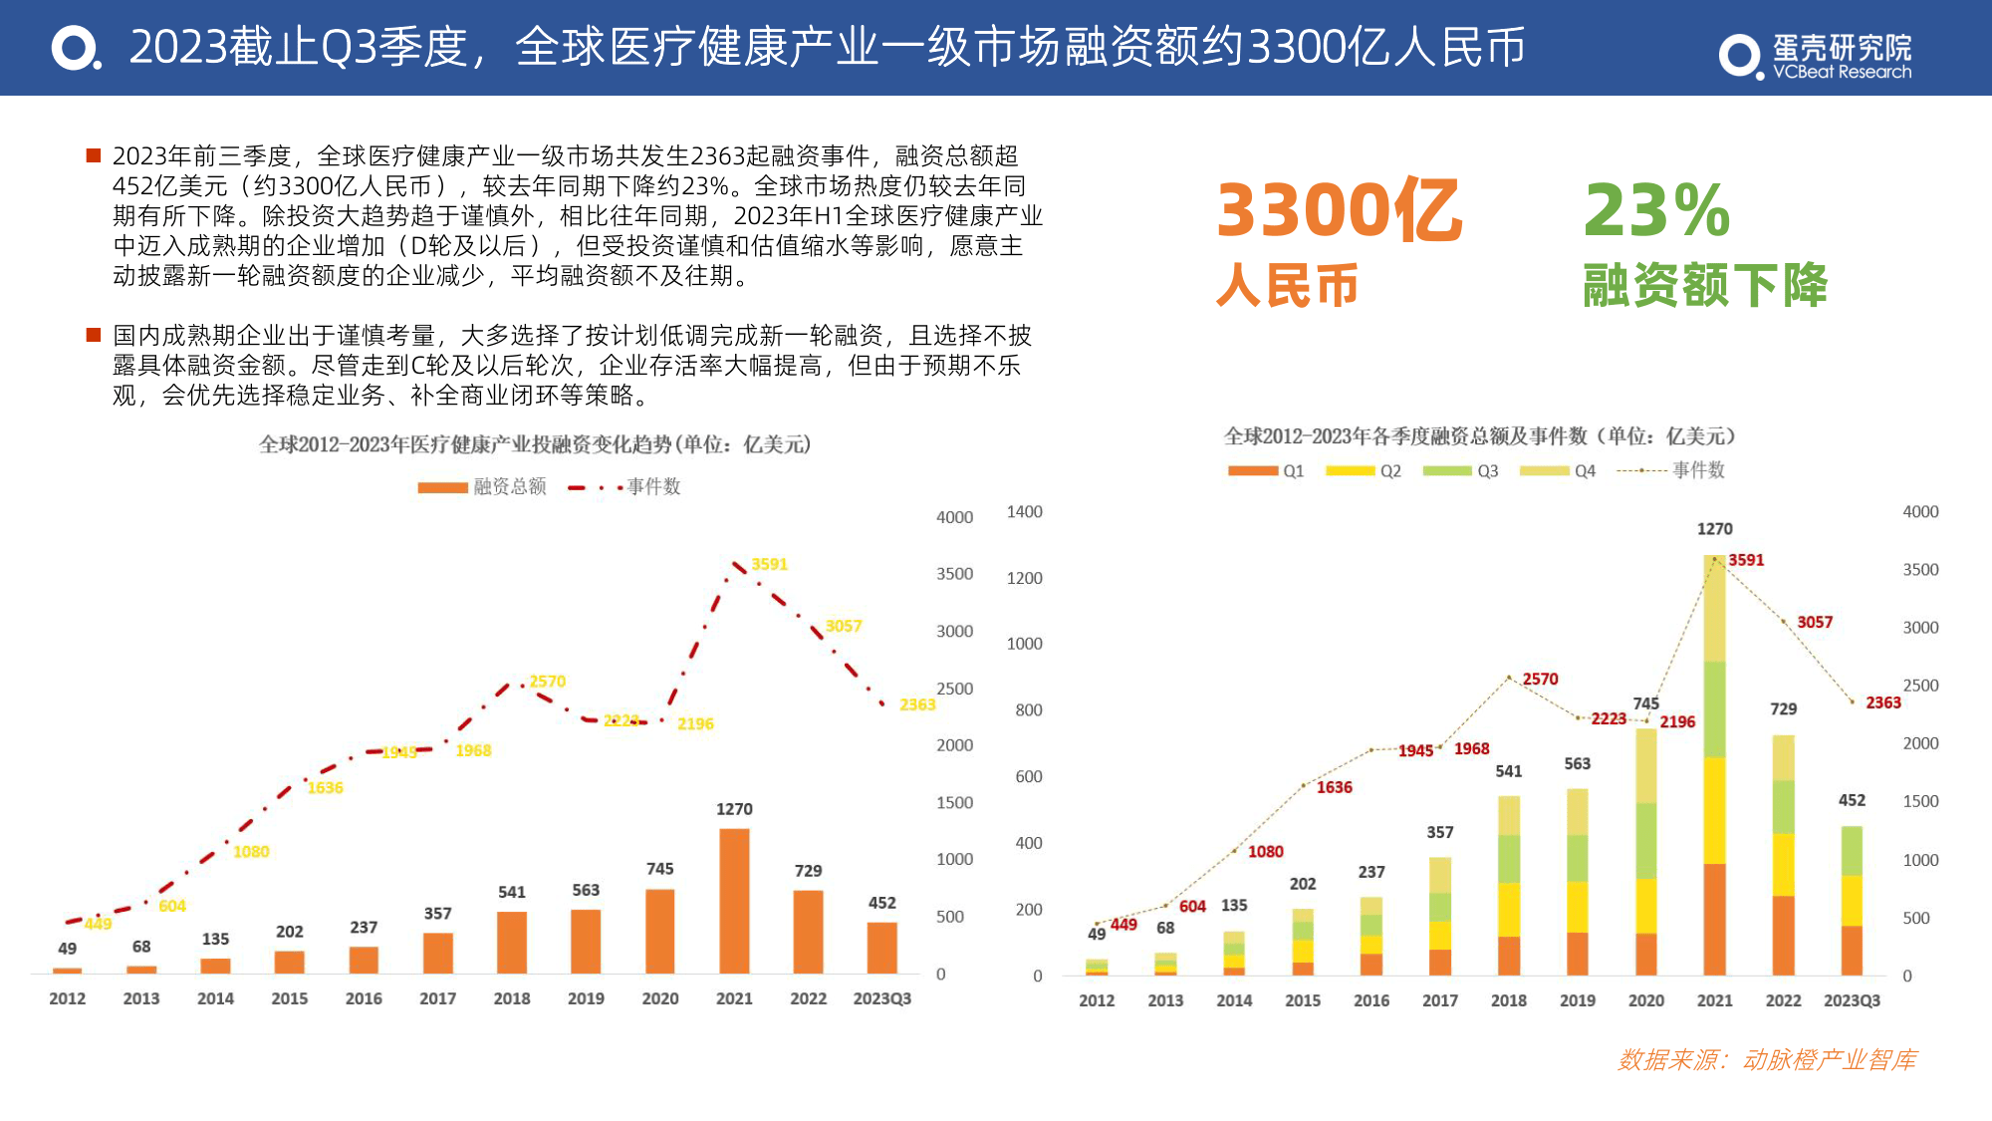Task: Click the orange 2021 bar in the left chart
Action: click(734, 901)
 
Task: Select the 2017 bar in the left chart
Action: click(437, 953)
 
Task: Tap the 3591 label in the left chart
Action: click(769, 564)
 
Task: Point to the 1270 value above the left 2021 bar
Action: click(734, 809)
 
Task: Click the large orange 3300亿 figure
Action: click(1339, 211)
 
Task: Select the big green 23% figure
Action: click(1656, 211)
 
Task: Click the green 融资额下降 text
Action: click(1704, 286)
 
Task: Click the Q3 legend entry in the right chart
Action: click(1461, 470)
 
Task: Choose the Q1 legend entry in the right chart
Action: click(1266, 470)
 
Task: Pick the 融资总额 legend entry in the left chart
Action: click(482, 486)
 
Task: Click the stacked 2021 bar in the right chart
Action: click(1714, 765)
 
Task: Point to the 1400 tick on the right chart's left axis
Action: click(1024, 512)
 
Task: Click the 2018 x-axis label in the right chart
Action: click(1508, 1000)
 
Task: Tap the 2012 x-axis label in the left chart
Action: click(67, 998)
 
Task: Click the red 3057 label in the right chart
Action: click(1814, 622)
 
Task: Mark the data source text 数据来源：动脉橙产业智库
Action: click(1767, 1060)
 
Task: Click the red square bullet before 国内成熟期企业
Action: click(94, 335)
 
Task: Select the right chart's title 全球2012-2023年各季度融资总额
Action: click(1479, 436)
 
